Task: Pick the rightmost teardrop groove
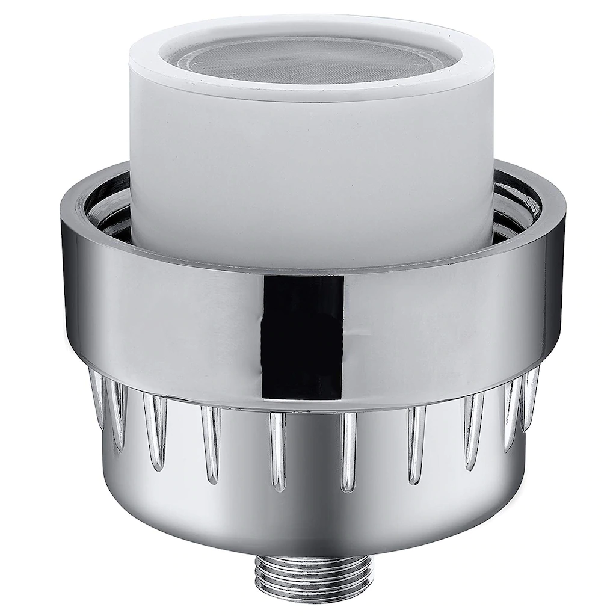coord(531,397)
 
